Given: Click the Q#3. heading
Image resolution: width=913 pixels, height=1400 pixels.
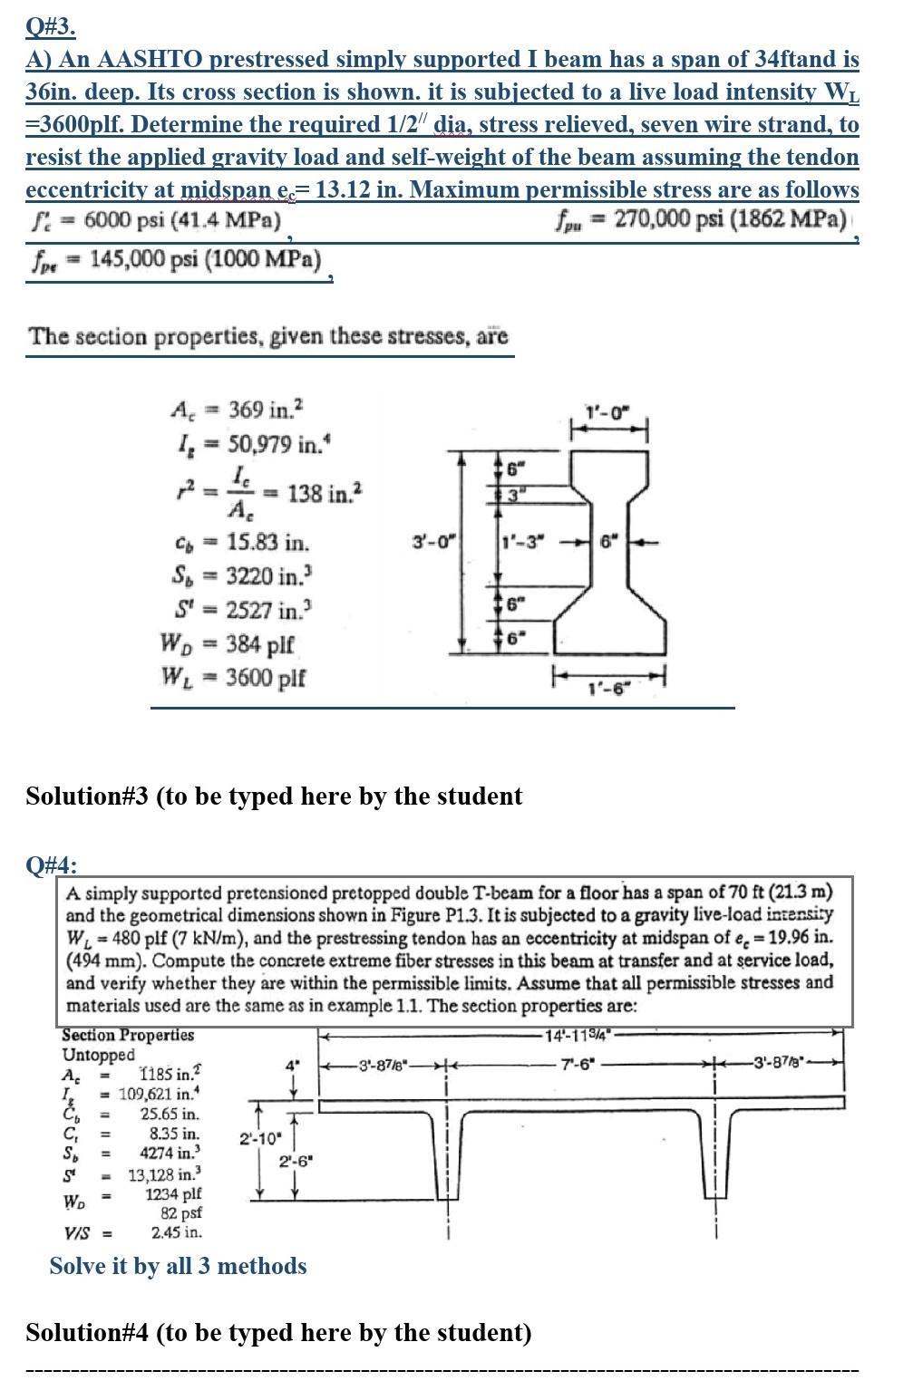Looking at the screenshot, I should coord(50,26).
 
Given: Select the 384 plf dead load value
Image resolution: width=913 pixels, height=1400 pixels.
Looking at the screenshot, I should coord(261,643).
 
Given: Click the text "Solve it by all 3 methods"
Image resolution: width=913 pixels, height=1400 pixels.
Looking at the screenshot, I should coord(178,1266).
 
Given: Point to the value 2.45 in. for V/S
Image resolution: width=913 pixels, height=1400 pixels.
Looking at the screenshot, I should coord(176,1232).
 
